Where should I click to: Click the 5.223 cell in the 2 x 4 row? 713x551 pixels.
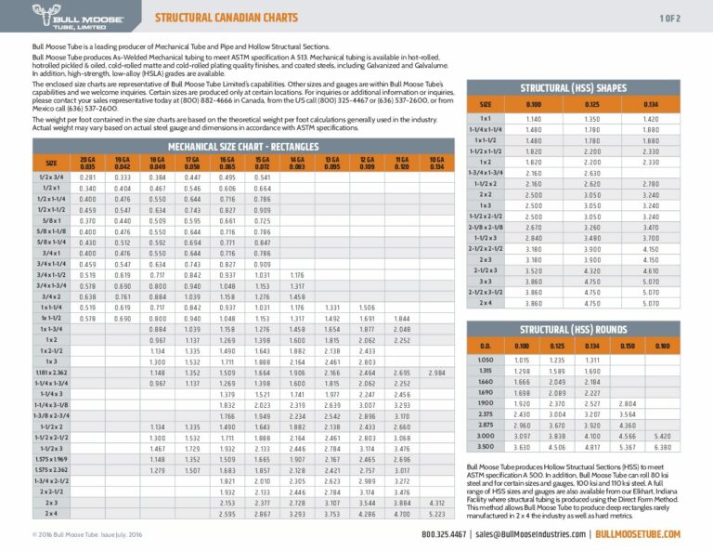click(435, 513)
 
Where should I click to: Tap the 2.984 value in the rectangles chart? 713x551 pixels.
click(435, 372)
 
